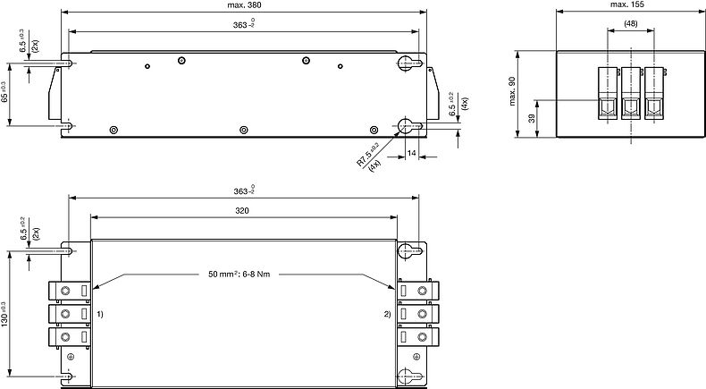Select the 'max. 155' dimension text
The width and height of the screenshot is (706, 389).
(628, 5)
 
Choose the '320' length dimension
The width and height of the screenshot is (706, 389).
(242, 210)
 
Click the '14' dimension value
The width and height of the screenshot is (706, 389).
(412, 154)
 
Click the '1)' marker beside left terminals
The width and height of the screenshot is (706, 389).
(101, 315)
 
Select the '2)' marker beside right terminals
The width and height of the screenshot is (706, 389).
(387, 315)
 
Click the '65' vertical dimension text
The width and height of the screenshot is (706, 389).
(6, 92)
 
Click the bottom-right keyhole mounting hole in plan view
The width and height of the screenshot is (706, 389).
(407, 376)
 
